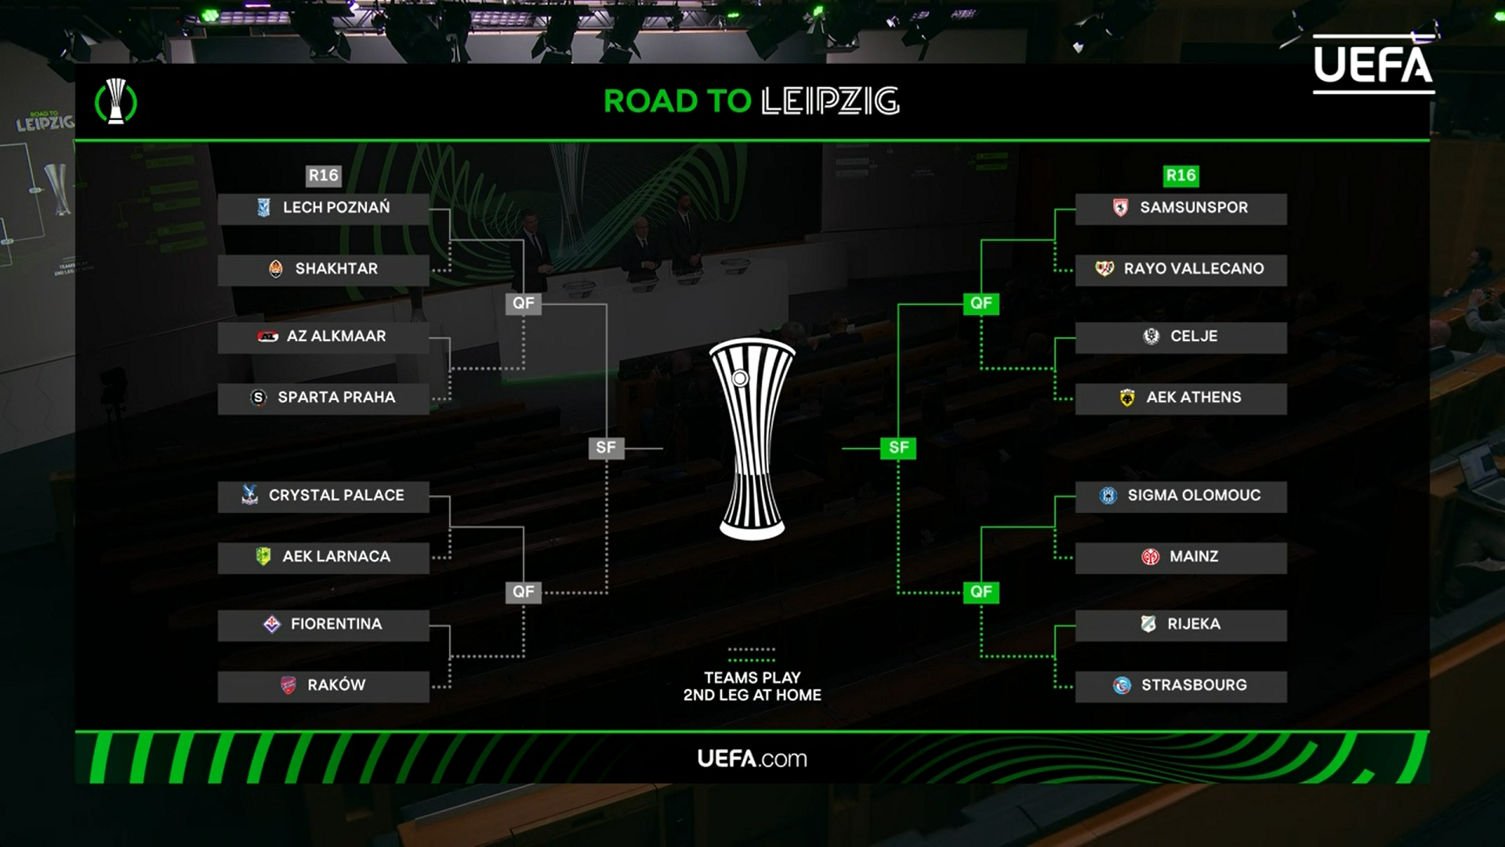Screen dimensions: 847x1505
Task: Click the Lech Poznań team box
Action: tap(323, 209)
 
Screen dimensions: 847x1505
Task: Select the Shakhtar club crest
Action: tap(276, 269)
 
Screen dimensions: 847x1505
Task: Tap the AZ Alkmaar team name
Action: tap(336, 336)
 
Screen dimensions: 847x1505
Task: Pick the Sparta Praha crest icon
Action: tap(259, 398)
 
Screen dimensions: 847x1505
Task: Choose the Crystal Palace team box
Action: tap(323, 496)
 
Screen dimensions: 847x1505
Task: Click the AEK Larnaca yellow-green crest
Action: tap(263, 556)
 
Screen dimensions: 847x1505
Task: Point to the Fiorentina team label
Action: tap(336, 624)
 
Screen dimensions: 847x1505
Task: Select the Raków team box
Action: tap(323, 685)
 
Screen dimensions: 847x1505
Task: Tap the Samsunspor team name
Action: tap(1194, 208)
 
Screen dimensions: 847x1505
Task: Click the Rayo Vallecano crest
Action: tap(1104, 269)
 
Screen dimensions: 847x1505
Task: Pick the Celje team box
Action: tap(1180, 337)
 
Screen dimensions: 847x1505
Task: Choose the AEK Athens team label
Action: tap(1194, 398)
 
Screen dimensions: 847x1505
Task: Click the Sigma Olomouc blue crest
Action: tap(1108, 496)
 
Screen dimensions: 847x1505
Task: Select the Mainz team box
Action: tap(1180, 557)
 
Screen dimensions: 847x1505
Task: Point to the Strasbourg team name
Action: tap(1194, 685)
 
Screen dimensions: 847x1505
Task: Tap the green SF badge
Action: tap(898, 448)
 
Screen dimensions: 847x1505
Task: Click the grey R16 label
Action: tap(323, 176)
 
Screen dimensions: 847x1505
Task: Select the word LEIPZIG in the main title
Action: tap(830, 101)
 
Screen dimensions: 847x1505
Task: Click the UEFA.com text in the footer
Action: tap(752, 758)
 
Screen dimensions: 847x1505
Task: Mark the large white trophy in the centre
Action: tap(752, 439)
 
